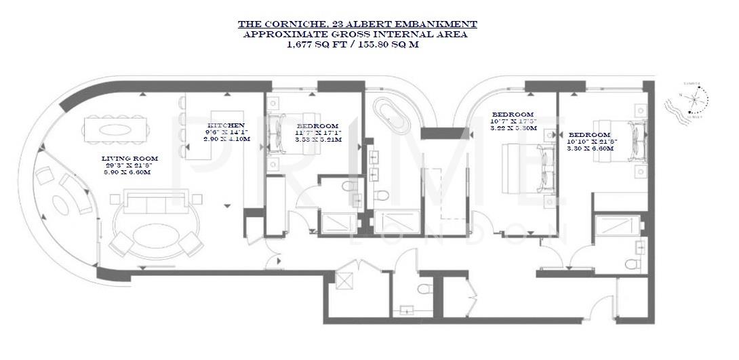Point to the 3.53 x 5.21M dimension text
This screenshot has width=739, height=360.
318,140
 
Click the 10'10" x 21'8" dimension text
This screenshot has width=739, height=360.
591,141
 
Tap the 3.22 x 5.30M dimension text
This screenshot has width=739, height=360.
513,127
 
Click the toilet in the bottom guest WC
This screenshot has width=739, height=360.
423,290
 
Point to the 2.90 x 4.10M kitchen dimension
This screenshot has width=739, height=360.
226,139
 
